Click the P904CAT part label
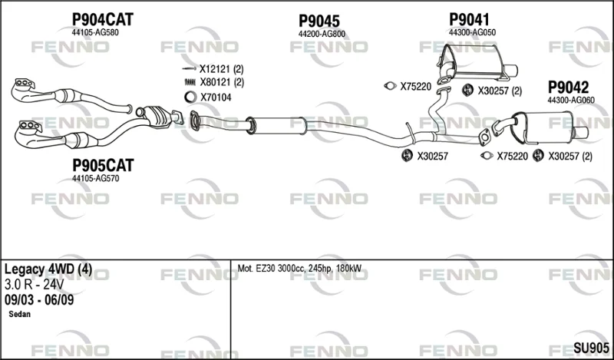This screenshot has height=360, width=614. (103, 19)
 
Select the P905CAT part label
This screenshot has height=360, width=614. (103, 165)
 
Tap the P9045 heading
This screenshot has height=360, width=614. (319, 21)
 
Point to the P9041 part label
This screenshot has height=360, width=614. (469, 19)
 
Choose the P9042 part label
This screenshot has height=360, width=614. (568, 87)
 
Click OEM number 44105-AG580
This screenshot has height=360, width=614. (95, 32)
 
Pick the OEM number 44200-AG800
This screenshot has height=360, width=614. (322, 34)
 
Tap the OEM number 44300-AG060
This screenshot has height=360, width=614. (571, 101)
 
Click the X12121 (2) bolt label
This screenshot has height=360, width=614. (222, 69)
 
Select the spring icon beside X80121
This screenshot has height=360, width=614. (190, 82)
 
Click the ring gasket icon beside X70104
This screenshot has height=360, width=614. (190, 97)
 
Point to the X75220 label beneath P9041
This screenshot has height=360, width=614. (415, 87)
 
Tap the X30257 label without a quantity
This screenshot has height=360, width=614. (432, 157)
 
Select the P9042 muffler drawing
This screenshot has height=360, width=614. (540, 128)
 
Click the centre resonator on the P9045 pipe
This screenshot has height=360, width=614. (277, 125)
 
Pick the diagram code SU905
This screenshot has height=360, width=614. (591, 348)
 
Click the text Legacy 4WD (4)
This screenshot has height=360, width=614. (48, 269)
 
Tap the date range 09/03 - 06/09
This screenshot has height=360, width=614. (39, 299)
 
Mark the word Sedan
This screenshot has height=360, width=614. (19, 314)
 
